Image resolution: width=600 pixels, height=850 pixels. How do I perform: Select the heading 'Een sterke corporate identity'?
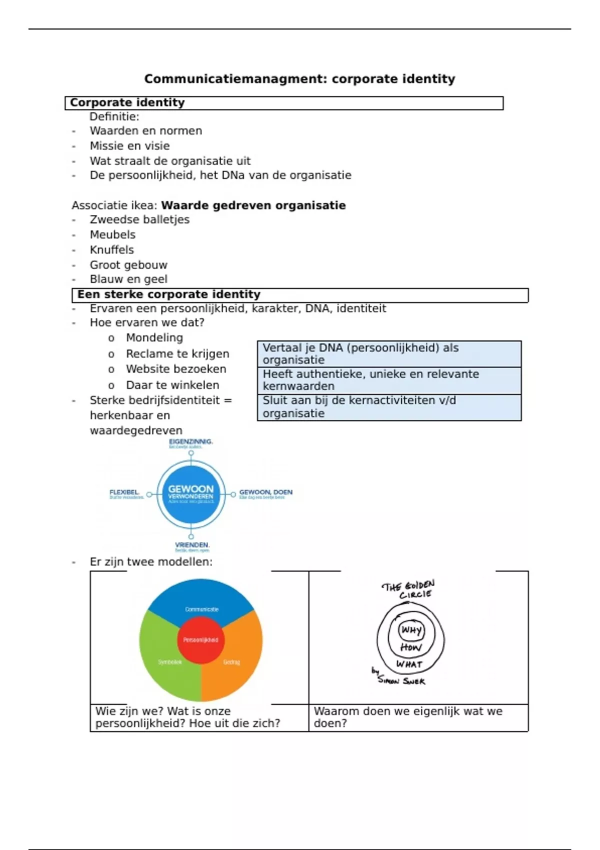[168, 294]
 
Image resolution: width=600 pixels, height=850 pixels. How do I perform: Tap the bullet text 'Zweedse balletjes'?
[139, 219]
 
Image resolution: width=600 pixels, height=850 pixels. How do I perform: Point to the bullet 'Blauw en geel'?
[128, 279]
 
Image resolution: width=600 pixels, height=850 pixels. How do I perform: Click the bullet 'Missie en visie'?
[129, 146]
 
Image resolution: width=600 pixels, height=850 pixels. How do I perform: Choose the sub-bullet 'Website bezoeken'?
[176, 369]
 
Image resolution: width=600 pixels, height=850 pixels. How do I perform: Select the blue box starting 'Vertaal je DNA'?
[389, 354]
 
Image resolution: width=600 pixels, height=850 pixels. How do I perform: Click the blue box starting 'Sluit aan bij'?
[389, 407]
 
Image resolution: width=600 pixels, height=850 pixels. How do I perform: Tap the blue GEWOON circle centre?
[191, 494]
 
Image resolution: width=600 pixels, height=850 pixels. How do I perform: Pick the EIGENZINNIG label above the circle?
[191, 442]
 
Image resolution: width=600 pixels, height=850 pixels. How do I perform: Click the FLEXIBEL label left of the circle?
[124, 492]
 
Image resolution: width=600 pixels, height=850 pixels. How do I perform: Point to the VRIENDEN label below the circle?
[192, 545]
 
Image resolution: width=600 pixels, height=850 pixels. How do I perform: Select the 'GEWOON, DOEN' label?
[265, 492]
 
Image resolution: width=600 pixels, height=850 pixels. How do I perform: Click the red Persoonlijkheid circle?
[200, 640]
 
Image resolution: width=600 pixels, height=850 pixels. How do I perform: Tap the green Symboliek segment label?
[169, 662]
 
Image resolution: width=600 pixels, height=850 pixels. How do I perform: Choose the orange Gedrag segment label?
[231, 662]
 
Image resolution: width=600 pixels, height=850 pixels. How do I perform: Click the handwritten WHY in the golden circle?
[411, 630]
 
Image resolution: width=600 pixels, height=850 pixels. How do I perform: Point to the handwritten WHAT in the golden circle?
[409, 664]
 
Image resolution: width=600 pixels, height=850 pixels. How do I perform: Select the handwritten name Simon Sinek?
[401, 680]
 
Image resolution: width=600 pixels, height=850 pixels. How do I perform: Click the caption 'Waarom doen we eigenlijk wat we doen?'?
[408, 717]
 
